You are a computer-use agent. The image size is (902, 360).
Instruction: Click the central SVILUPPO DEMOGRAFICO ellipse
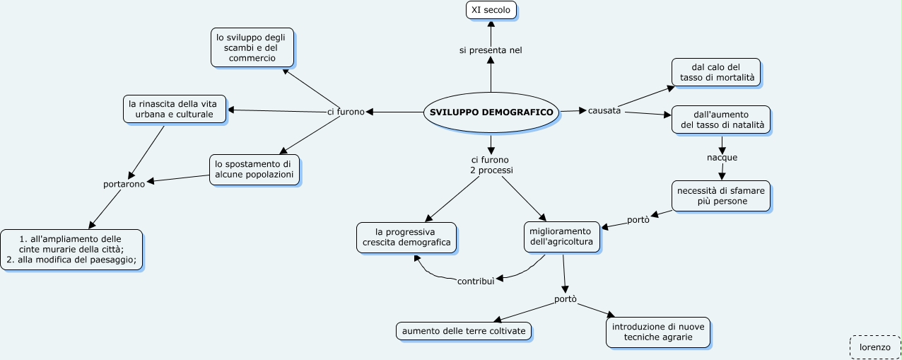coord(491,112)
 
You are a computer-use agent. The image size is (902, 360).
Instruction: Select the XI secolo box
coord(491,10)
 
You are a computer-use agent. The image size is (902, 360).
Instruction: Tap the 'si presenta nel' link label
coord(491,50)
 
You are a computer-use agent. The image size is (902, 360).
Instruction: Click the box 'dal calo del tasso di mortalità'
coord(716,72)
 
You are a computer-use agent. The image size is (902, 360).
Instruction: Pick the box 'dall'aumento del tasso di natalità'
coord(721,120)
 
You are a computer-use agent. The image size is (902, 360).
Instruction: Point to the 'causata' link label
coord(604,111)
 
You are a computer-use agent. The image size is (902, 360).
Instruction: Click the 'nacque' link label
coord(722,157)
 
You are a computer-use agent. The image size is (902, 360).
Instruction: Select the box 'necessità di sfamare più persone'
coord(721,196)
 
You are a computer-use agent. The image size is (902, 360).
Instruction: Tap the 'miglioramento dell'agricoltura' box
coord(563,237)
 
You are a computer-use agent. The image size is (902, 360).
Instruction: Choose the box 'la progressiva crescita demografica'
coord(406,237)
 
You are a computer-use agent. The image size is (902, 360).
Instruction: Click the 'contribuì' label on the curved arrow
coord(475,281)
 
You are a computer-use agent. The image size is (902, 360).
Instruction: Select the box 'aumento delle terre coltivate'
coord(464,331)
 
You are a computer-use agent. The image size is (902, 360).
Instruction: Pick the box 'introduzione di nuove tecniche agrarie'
coord(658,332)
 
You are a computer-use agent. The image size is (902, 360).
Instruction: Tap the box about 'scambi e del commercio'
coord(252,47)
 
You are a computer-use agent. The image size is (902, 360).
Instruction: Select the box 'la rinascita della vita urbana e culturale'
coord(175,109)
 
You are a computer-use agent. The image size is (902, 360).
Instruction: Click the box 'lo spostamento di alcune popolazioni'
coord(254,170)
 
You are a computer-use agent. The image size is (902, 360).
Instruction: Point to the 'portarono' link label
coord(124,184)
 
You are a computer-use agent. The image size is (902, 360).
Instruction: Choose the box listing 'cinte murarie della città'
coord(71,249)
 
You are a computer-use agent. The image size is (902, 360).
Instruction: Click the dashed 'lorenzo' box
coord(874,347)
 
